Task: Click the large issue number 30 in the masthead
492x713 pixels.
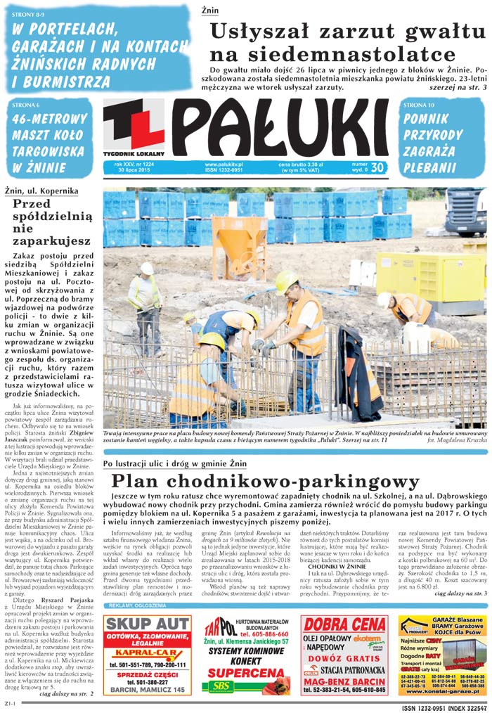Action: pyautogui.click(x=377, y=167)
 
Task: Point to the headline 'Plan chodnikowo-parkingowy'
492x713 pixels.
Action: pyautogui.click(x=265, y=481)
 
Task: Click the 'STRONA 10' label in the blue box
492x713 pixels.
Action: pyautogui.click(x=420, y=104)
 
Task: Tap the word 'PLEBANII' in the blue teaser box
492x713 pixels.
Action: pyautogui.click(x=429, y=167)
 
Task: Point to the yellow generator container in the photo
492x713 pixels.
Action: pyautogui.click(x=429, y=278)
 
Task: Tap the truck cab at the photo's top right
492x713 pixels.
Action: pyautogui.click(x=465, y=211)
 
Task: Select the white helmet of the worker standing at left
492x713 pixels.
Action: pyautogui.click(x=147, y=268)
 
